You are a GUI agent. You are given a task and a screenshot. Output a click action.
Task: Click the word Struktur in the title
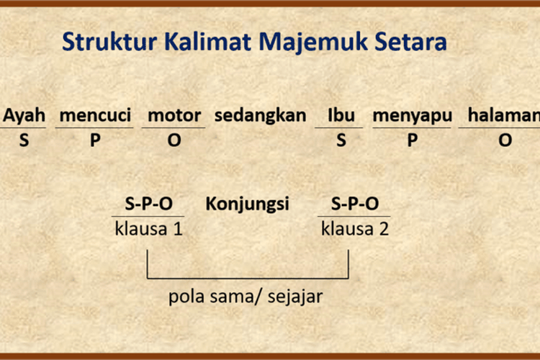109,42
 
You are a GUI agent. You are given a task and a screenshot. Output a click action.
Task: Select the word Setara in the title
410,42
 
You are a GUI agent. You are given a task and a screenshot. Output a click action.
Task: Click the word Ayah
24,115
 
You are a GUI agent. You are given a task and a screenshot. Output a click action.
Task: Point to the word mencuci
95,115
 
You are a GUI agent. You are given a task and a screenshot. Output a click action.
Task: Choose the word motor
174,115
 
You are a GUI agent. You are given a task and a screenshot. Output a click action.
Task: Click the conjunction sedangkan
261,115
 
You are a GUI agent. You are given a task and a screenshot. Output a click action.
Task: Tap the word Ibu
341,115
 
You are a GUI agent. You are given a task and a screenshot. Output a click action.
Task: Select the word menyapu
413,116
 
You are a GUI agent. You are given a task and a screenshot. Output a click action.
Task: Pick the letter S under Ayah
24,140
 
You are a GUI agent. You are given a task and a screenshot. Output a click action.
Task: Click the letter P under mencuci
95,140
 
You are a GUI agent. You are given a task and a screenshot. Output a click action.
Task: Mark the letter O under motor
174,140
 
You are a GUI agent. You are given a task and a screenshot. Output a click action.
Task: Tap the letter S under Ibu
341,140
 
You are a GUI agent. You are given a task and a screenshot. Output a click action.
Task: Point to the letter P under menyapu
413,140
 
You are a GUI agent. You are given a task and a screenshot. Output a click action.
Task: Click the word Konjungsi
247,204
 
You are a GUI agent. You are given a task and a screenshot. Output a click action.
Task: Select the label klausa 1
148,229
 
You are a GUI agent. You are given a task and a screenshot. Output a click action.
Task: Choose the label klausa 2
355,229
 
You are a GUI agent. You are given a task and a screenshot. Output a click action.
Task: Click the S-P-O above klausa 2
355,204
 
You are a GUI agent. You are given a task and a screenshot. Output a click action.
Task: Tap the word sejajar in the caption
295,297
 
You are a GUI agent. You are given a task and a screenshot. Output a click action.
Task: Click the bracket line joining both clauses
248,278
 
